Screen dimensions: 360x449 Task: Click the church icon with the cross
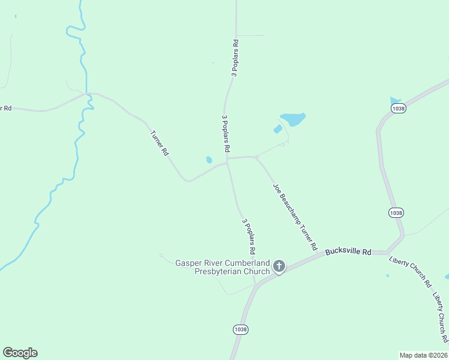click(279, 266)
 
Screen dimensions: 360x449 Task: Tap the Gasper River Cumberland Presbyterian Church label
click(222, 267)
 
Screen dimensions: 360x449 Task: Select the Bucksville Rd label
click(348, 251)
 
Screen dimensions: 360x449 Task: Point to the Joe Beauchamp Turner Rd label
click(295, 217)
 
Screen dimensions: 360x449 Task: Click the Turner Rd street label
click(159, 143)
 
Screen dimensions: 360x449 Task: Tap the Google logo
click(20, 353)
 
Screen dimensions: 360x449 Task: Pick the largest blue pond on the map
click(293, 119)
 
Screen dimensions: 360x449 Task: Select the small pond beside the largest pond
click(278, 128)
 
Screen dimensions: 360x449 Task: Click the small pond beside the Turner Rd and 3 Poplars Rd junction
click(209, 160)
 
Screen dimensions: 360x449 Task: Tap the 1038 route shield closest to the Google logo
click(240, 329)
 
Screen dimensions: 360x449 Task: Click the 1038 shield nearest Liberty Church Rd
click(396, 213)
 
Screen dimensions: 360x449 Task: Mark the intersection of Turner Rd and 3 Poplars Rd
click(227, 161)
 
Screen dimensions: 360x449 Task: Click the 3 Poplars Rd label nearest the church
click(249, 235)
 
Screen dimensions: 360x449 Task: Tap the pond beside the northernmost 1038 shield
click(394, 100)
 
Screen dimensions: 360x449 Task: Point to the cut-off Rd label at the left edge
click(6, 108)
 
